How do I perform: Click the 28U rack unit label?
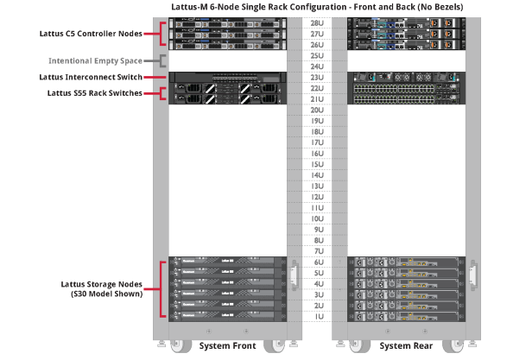[316, 22]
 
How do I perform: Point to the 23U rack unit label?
[316, 77]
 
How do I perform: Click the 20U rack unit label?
[316, 110]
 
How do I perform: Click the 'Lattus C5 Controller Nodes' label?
[91, 35]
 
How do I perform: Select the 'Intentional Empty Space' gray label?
[95, 61]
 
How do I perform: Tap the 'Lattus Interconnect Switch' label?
[91, 77]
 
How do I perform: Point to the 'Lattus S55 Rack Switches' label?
[94, 92]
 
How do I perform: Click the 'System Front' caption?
[228, 346]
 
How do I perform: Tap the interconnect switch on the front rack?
[228, 77]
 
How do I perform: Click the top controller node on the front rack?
[228, 22]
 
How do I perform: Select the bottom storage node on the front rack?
[228, 317]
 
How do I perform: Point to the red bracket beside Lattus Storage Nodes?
[162, 289]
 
